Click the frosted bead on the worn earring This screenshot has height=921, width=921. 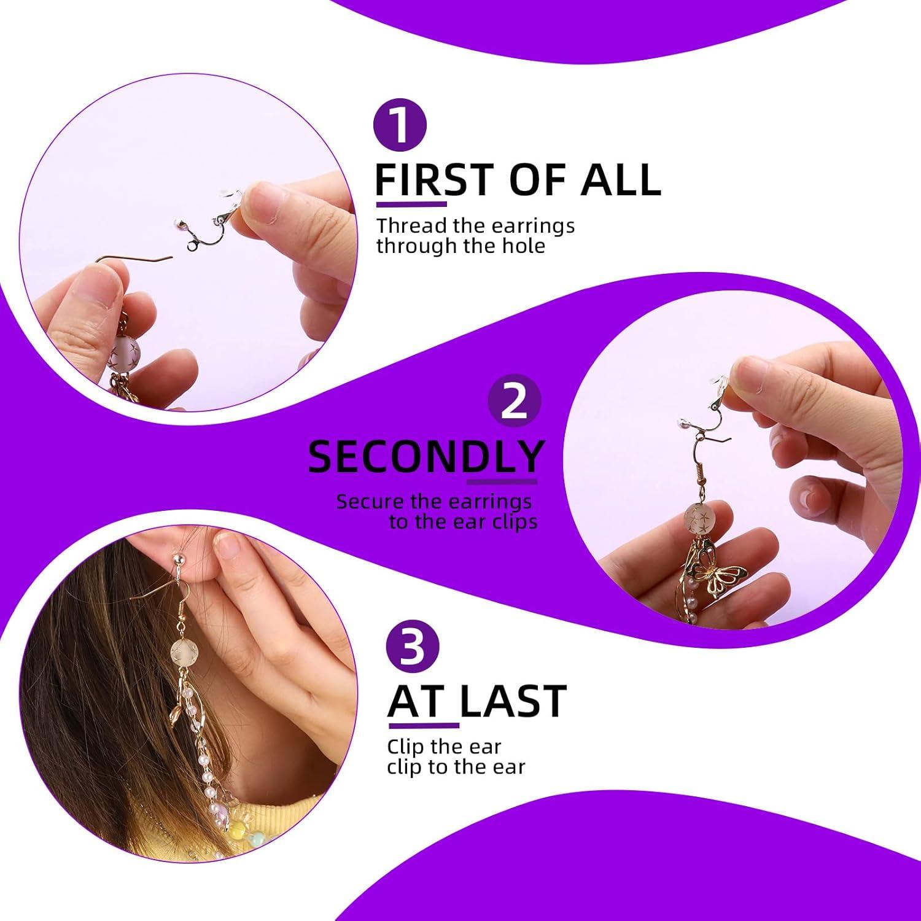[x=184, y=652]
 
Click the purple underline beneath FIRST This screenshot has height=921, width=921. [x=411, y=203]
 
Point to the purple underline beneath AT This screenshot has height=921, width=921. [x=423, y=725]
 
